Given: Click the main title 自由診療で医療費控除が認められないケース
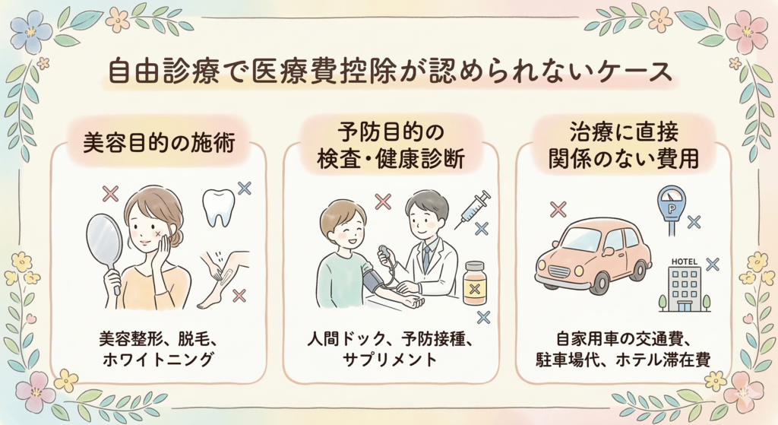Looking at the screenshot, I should (388, 75).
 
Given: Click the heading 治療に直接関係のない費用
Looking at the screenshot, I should (622, 147).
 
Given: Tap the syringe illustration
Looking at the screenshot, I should (472, 208).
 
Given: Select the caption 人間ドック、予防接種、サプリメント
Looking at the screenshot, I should (390, 347).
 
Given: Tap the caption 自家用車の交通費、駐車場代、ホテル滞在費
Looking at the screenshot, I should (622, 347).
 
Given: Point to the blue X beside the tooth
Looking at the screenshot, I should (244, 187).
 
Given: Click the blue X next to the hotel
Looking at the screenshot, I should (712, 264).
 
